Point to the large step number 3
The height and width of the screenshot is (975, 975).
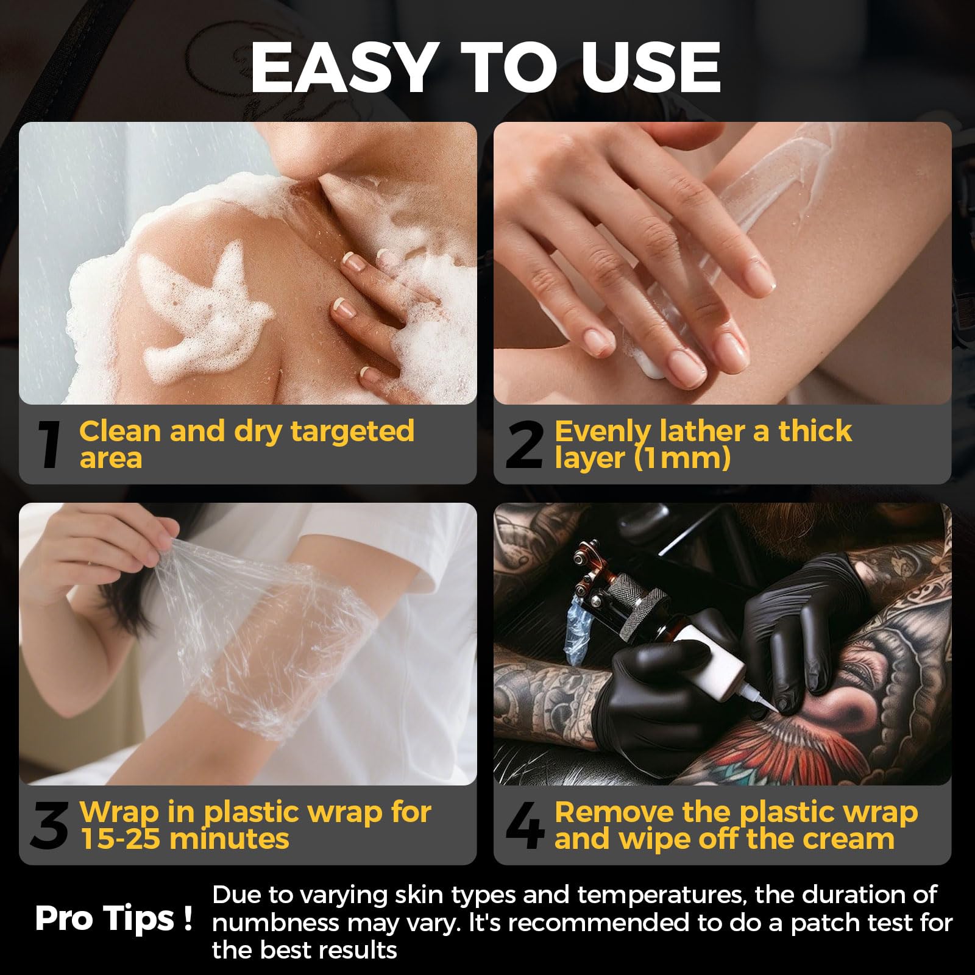click(49, 826)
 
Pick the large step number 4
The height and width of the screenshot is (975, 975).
click(525, 826)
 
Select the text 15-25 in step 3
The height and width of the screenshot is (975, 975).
click(120, 838)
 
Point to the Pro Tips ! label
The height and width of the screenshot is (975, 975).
click(114, 918)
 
